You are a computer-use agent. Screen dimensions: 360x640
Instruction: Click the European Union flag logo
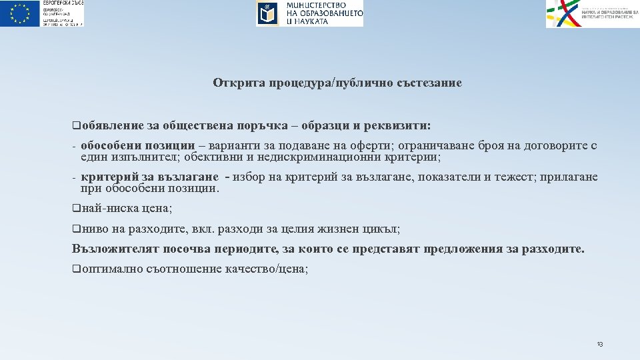pos(21,13)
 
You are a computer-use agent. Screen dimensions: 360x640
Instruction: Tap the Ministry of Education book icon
pos(267,13)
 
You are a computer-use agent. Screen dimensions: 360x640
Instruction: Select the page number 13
pos(599,344)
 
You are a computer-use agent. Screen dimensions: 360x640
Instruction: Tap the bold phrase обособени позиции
pos(137,146)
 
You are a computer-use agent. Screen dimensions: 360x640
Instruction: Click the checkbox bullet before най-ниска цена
pos(75,209)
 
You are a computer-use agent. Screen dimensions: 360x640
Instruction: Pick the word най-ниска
pos(110,209)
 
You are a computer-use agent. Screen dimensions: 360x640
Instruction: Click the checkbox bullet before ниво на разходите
pos(75,229)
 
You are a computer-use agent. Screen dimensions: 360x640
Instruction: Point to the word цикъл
pos(382,229)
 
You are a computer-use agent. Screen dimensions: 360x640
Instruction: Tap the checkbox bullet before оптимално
pos(75,269)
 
